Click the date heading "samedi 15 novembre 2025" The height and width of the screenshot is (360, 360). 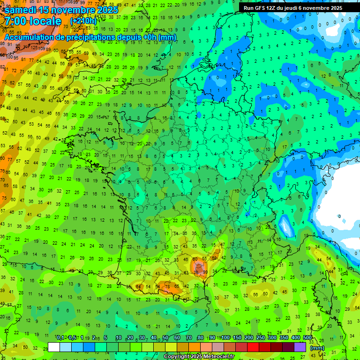tap(61, 10)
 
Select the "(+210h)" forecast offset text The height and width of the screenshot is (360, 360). tap(83, 21)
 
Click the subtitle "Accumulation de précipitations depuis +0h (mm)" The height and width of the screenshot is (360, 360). tap(90, 37)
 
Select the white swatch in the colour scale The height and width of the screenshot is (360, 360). tap(54, 347)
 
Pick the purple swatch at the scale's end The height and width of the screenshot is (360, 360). tap(300, 347)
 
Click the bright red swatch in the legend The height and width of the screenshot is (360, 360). tap(253, 347)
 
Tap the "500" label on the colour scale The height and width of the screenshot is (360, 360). tap(307, 338)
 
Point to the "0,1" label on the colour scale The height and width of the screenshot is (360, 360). tap(60, 338)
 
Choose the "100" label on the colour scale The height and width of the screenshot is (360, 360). tap(225, 338)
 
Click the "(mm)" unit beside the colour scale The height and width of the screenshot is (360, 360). tap(317, 348)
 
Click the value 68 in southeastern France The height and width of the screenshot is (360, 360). tap(215, 257)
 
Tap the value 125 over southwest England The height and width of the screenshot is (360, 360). tap(34, 48)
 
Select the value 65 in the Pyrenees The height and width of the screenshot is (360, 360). tap(177, 286)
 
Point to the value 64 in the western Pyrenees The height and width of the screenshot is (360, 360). tap(138, 286)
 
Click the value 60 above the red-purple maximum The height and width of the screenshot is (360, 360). tap(195, 259)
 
